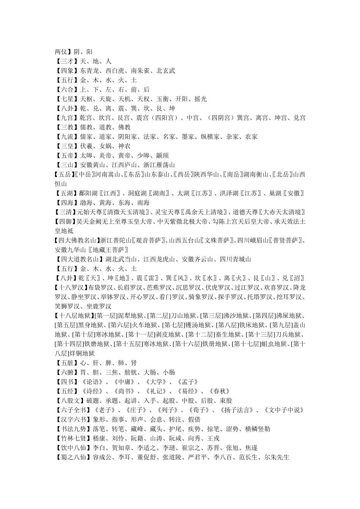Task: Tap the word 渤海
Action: click(x=86, y=203)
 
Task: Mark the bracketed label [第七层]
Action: click(x=172, y=325)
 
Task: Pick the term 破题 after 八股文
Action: click(x=92, y=401)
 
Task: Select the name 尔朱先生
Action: click(x=277, y=457)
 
